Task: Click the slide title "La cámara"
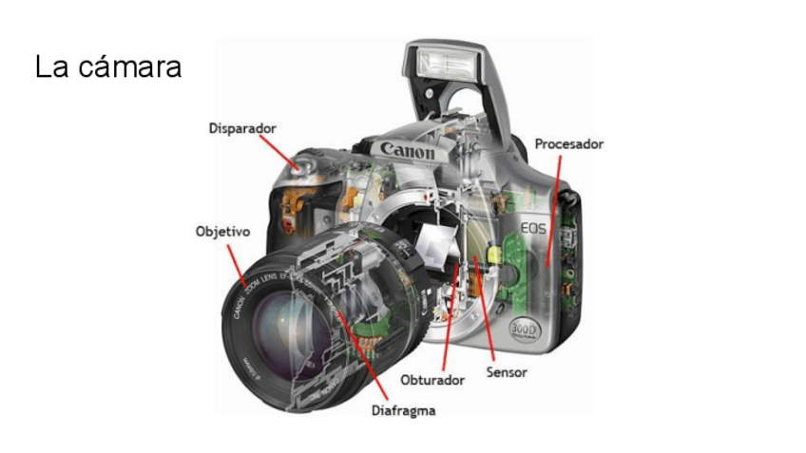point(107,67)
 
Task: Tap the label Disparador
point(242,127)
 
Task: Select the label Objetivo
point(221,231)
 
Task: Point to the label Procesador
point(568,144)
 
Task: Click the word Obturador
point(432,380)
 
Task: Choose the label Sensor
point(507,372)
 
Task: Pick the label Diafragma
point(403,411)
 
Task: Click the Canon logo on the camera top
point(408,150)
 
